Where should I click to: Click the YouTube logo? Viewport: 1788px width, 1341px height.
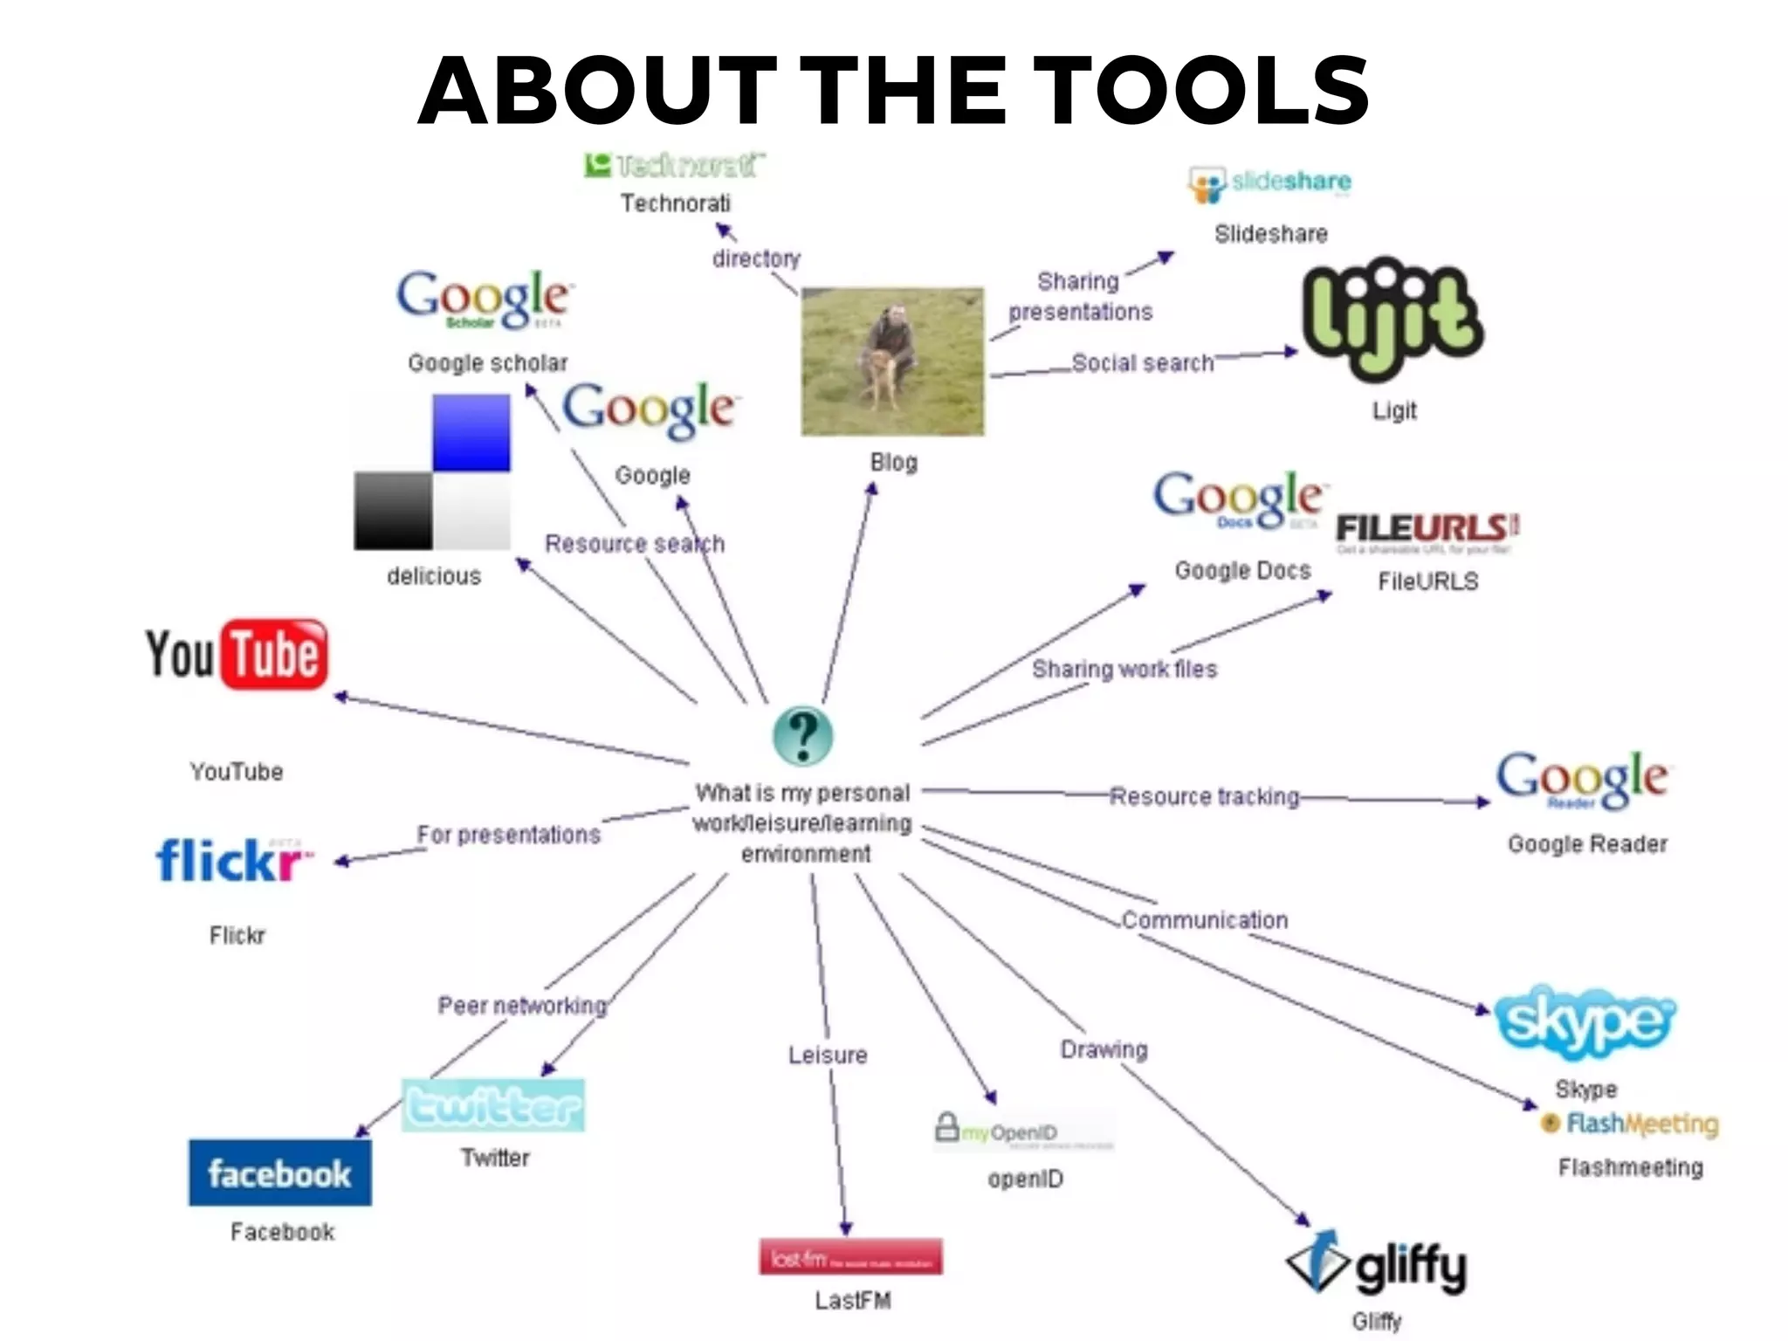237,655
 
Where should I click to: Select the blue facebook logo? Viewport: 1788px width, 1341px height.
279,1173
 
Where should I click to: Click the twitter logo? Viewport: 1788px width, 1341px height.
493,1106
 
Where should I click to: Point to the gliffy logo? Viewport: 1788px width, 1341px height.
1378,1263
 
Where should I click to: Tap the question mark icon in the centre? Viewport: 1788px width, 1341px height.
803,735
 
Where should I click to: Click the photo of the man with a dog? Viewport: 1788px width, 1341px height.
892,361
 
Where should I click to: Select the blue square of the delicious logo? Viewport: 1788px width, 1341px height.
471,432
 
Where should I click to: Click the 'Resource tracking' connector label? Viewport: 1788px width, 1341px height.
1204,796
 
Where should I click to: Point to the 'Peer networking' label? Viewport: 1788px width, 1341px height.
522,1006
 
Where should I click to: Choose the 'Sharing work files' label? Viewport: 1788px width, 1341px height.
1124,669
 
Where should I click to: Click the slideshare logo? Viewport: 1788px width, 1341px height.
1270,184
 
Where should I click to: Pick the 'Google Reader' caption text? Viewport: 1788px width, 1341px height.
1587,844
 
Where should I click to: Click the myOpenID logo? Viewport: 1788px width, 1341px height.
1023,1131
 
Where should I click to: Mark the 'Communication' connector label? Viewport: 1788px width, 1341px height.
1205,920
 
